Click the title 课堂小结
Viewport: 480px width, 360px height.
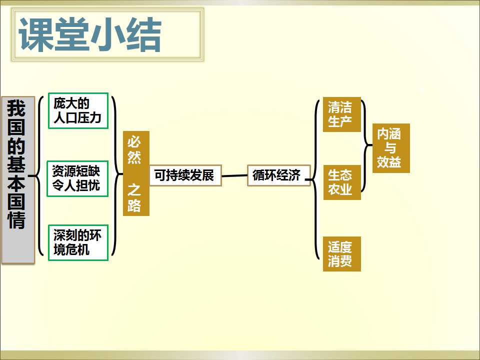[x=90, y=34]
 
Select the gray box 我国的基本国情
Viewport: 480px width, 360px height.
[x=18, y=180]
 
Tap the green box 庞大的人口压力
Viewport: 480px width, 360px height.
[x=78, y=111]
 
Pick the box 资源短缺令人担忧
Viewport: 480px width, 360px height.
[x=78, y=178]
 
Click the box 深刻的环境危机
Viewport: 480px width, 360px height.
[x=78, y=243]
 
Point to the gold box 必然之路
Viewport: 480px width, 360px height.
[x=136, y=173]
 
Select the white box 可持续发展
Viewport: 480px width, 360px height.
[x=185, y=175]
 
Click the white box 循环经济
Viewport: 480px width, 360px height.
[x=279, y=175]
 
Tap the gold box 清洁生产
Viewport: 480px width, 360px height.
[x=342, y=114]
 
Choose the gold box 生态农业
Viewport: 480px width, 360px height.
[x=342, y=182]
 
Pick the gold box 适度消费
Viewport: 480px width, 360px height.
[x=342, y=254]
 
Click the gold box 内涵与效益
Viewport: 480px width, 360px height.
[x=391, y=148]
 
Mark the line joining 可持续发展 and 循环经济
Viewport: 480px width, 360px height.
[x=234, y=175]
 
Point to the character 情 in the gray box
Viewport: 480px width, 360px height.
[x=16, y=219]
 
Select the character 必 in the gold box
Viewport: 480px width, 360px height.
[x=134, y=142]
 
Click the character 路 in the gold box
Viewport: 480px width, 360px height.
[x=134, y=205]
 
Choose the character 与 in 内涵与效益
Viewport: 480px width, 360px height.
[x=389, y=148]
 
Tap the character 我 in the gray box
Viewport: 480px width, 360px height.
[x=16, y=108]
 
